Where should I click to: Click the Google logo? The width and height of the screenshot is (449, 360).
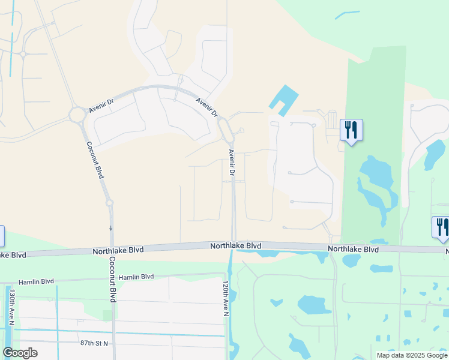(x=20, y=353)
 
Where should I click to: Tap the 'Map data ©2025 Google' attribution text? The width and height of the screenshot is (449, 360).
(x=412, y=355)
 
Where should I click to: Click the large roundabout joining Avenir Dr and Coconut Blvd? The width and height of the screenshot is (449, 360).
(x=77, y=114)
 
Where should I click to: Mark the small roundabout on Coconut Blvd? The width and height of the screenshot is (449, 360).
(x=110, y=203)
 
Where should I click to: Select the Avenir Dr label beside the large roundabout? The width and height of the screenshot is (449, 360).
(x=101, y=105)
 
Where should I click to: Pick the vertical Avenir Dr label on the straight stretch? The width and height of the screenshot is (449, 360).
(x=231, y=161)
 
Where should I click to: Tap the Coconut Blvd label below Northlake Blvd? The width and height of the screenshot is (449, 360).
(x=112, y=279)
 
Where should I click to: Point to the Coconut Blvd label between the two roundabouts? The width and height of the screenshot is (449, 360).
(x=95, y=159)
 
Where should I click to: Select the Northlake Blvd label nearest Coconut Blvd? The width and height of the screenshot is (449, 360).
(x=118, y=250)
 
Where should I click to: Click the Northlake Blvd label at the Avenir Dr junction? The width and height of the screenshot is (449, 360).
(x=235, y=246)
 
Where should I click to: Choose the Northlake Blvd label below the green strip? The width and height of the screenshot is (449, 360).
(x=353, y=248)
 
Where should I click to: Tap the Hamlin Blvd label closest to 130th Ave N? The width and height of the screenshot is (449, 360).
(x=36, y=281)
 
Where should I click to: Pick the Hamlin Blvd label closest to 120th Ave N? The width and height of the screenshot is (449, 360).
(x=136, y=277)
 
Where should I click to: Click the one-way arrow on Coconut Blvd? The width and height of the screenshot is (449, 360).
(x=110, y=229)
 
